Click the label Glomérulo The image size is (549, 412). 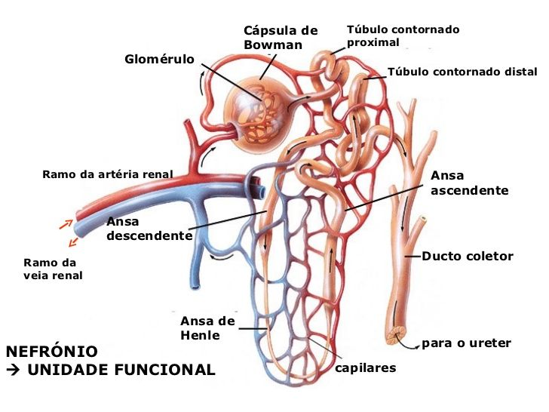click(x=159, y=59)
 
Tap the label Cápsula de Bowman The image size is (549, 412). click(x=281, y=38)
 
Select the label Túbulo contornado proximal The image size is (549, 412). click(x=403, y=35)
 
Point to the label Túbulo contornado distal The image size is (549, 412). click(x=462, y=72)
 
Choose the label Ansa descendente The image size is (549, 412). click(x=149, y=229)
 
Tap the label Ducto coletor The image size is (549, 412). click(x=467, y=257)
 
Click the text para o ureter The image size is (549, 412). click(x=466, y=343)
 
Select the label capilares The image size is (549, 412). click(x=365, y=368)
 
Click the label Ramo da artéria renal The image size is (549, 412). click(x=107, y=174)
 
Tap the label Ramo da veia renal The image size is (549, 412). click(x=53, y=269)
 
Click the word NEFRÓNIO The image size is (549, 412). click(x=51, y=352)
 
